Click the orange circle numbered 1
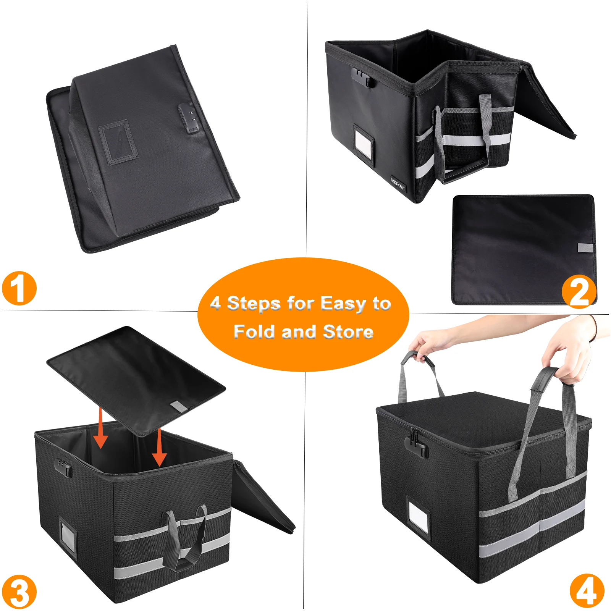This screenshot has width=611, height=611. pyautogui.click(x=19, y=288)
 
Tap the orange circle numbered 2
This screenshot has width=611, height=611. pyautogui.click(x=579, y=291)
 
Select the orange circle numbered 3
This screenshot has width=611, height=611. pyautogui.click(x=19, y=592)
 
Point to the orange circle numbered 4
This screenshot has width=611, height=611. pyautogui.click(x=587, y=591)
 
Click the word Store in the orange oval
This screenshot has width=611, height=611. pyautogui.click(x=348, y=331)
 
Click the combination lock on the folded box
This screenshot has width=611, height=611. pyautogui.click(x=189, y=119)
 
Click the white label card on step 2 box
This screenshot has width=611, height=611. pyautogui.click(x=362, y=142)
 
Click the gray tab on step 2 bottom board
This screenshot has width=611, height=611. pyautogui.click(x=585, y=248)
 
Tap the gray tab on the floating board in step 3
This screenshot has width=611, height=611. pyautogui.click(x=179, y=407)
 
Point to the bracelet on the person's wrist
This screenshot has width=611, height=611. pyautogui.click(x=593, y=328)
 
